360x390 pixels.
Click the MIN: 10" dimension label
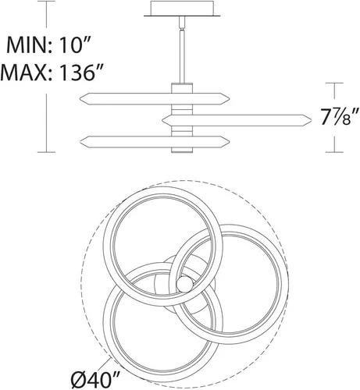[48, 44]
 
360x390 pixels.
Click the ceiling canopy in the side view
[182, 9]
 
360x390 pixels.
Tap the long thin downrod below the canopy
[182, 57]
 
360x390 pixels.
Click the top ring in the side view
[155, 99]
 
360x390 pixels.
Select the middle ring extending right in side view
[237, 120]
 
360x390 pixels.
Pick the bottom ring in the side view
[155, 142]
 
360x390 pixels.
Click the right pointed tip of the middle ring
[312, 120]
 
